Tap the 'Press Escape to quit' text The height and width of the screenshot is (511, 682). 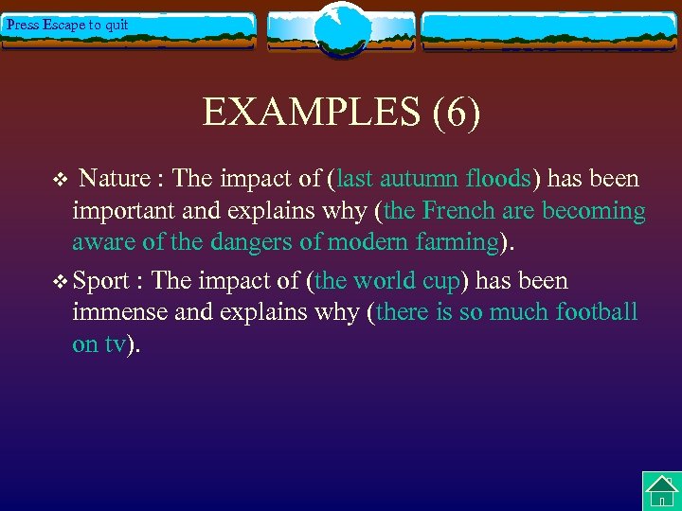point(67,25)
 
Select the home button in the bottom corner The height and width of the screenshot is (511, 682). point(661,491)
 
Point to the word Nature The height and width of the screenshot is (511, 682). point(115,179)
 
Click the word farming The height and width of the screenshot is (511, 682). point(453,243)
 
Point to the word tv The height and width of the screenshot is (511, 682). point(114,344)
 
